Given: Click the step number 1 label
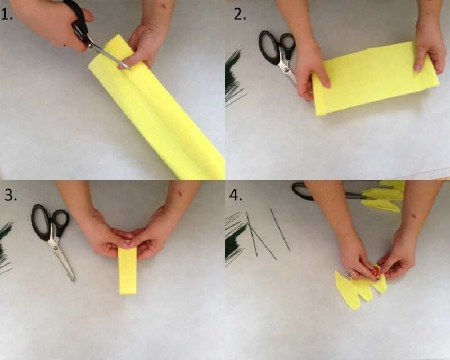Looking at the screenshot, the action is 6,15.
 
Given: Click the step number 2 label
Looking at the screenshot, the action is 240,15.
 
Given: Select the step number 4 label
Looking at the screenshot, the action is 236,195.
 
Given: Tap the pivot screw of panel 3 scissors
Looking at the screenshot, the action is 55,246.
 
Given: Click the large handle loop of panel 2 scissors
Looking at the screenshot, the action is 268,47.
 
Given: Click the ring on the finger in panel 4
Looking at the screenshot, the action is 351,273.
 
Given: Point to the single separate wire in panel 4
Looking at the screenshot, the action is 280,229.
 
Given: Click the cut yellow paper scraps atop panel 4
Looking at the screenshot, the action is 383,196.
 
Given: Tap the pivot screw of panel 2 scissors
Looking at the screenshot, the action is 286,69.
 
